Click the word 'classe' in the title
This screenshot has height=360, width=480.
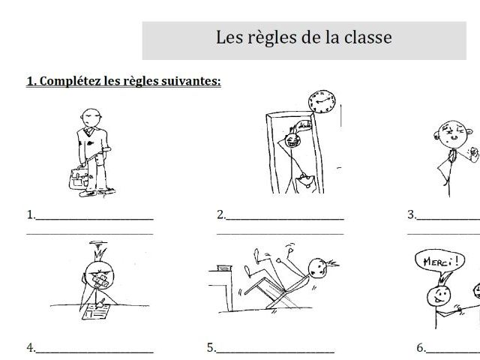[x=367, y=37]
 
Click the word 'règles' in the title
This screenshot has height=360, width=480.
[x=271, y=38]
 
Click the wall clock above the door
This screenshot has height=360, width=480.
[x=322, y=101]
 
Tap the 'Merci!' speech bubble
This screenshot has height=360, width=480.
[x=436, y=262]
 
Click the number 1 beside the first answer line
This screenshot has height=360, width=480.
[x=30, y=214]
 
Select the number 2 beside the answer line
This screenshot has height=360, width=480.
[x=220, y=214]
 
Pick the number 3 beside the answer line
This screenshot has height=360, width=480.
[x=411, y=214]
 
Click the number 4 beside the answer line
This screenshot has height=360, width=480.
[x=30, y=348]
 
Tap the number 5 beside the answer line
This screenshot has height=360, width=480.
[x=211, y=348]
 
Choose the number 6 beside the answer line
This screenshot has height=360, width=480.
[x=421, y=348]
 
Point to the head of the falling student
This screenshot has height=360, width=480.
[x=317, y=268]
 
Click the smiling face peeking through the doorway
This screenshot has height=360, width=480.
[x=291, y=139]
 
